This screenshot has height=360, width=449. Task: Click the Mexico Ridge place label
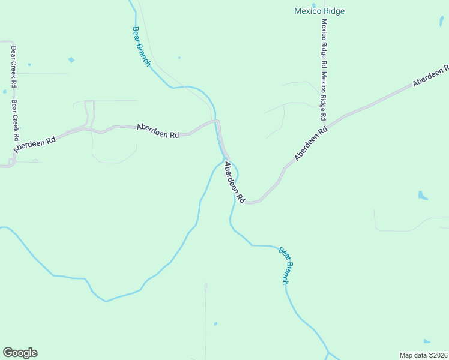point(319,11)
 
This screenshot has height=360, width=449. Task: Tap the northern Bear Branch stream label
point(142,46)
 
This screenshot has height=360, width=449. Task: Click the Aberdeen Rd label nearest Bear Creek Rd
point(35,144)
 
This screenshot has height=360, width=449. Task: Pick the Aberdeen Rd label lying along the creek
point(234,182)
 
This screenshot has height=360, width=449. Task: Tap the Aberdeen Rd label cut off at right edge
point(430,75)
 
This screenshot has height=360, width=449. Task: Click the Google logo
point(20,353)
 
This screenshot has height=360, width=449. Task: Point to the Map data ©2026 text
point(423,355)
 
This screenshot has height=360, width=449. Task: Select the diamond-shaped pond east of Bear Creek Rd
point(71,60)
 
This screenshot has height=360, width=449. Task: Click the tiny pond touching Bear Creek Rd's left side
point(5,91)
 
